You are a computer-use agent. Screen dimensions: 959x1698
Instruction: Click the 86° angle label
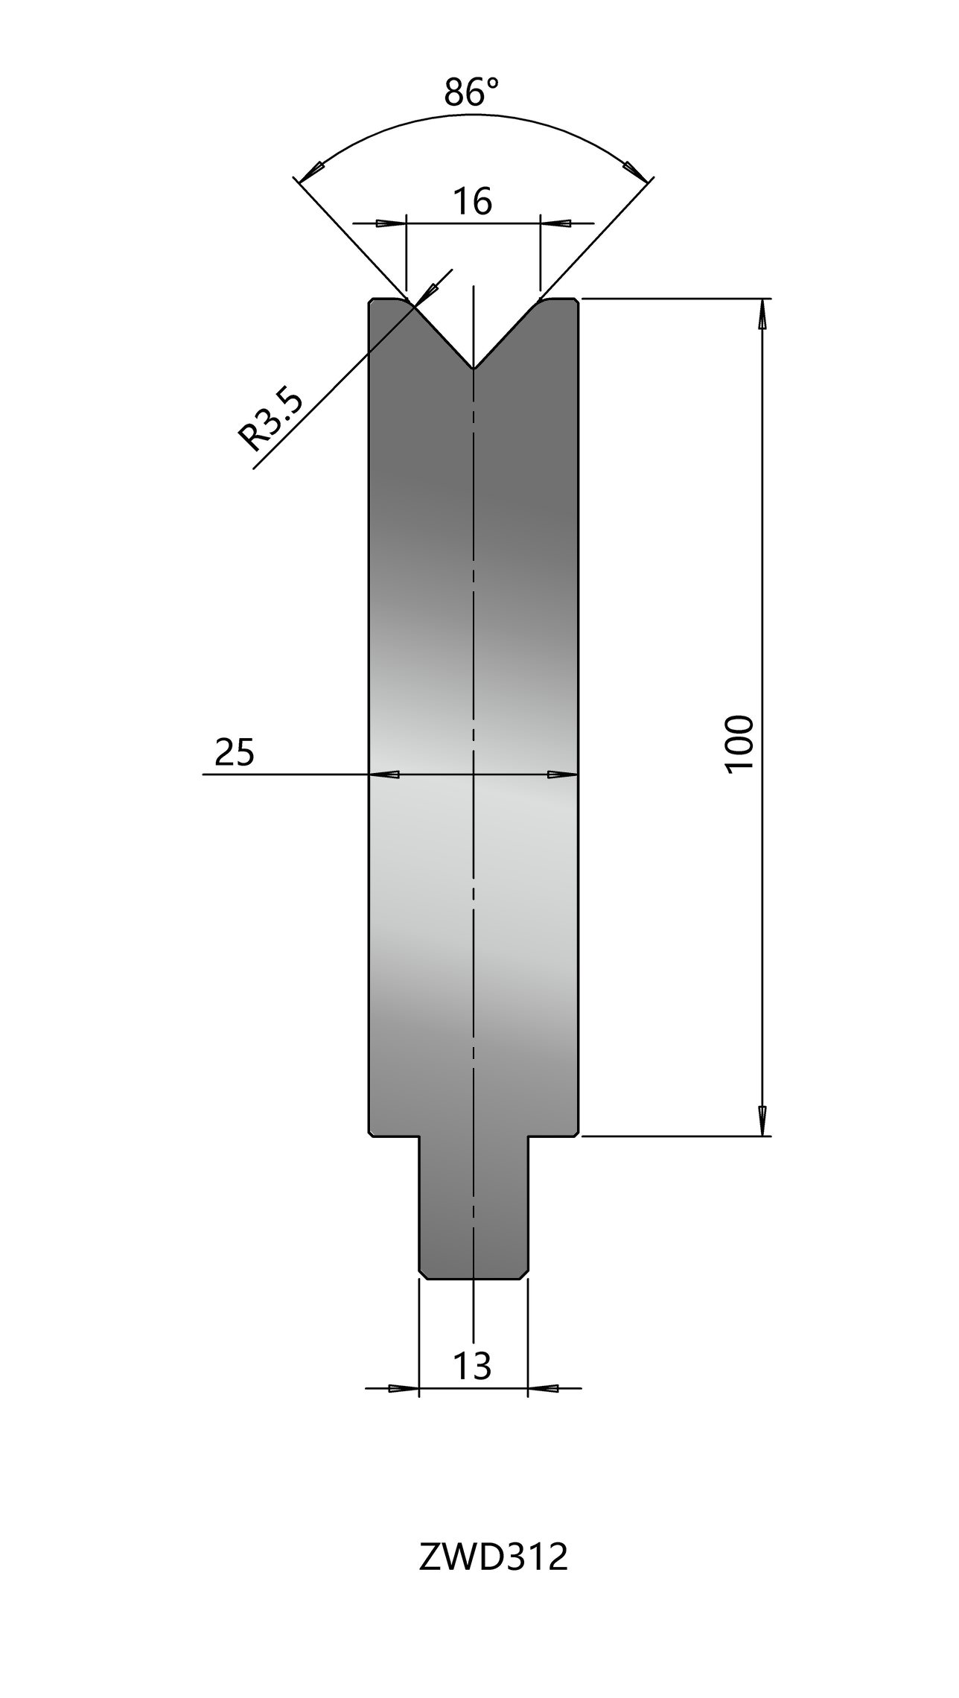pyautogui.click(x=471, y=92)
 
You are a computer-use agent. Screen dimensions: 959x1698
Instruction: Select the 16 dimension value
pyautogui.click(x=474, y=201)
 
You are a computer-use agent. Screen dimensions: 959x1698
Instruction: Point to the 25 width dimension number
pyautogui.click(x=235, y=752)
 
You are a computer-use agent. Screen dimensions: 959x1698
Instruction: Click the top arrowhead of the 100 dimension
pyautogui.click(x=762, y=314)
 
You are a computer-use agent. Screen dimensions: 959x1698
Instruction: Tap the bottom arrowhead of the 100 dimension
pyautogui.click(x=762, y=1121)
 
